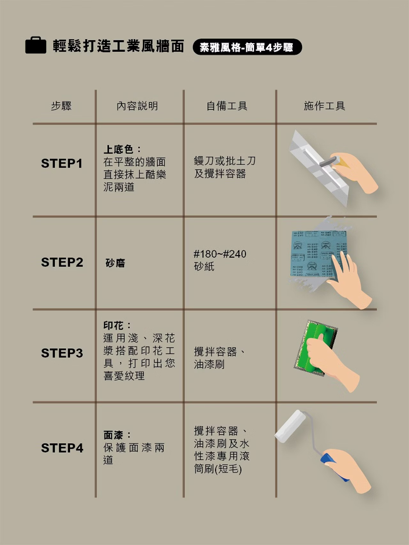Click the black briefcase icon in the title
tap(36, 45)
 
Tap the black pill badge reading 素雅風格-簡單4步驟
tap(247, 47)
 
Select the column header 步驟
tap(61, 106)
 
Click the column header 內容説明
tap(137, 106)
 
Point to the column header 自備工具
tap(227, 106)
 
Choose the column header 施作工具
tap(325, 106)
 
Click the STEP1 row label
tap(62, 163)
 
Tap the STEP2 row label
tap(62, 262)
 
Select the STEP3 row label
tap(62, 353)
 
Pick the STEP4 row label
tap(62, 448)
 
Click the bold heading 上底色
tap(118, 149)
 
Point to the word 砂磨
tap(115, 263)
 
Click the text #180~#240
tap(220, 254)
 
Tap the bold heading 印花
tap(113, 326)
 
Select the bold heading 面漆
tap(113, 435)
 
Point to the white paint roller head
tap(290, 426)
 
